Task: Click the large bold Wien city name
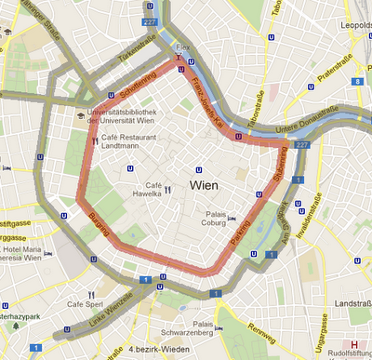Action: click(x=204, y=185)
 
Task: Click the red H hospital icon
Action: click(x=353, y=343)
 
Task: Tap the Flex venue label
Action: click(x=182, y=44)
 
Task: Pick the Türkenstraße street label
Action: click(x=136, y=55)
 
